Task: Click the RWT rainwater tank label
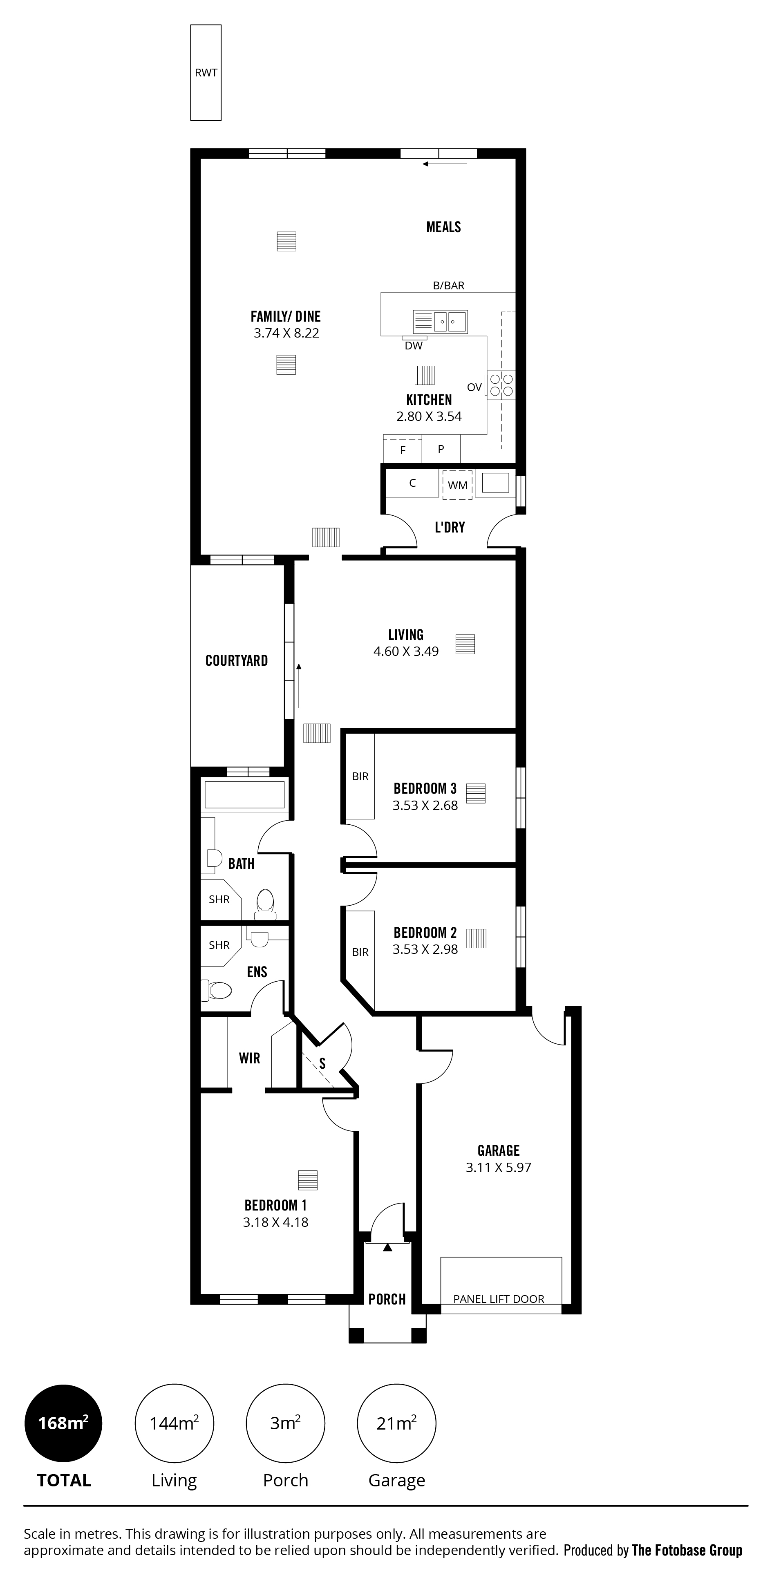(x=206, y=72)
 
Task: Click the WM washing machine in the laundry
(x=458, y=485)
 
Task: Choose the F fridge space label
(x=403, y=450)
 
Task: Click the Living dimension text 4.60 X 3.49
(x=406, y=651)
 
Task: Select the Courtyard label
(x=237, y=661)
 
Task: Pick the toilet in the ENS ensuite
(x=216, y=990)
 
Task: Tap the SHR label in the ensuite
(x=219, y=945)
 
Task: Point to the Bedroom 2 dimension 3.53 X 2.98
(x=425, y=949)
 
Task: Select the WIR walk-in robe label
(x=249, y=1058)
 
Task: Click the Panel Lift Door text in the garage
(x=499, y=1299)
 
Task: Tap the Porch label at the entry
(x=387, y=1300)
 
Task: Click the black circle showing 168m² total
(x=63, y=1423)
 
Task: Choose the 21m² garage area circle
(x=397, y=1423)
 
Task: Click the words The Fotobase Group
(x=687, y=1551)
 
